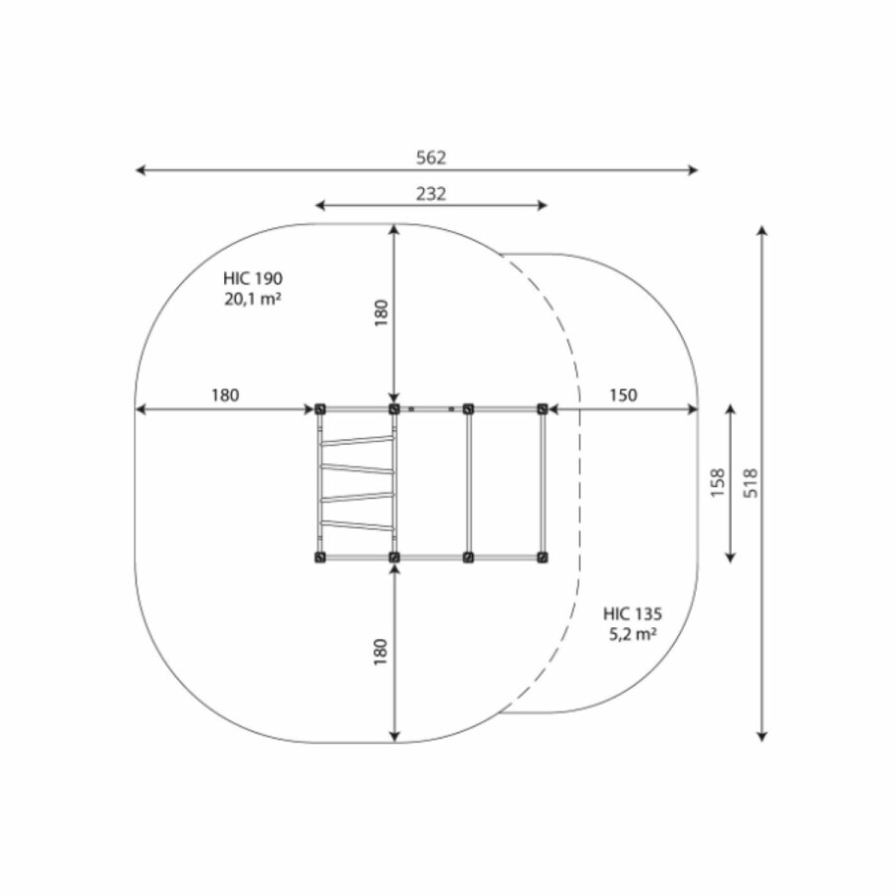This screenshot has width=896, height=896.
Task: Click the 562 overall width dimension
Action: [431, 157]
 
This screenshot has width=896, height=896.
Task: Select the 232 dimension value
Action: [431, 194]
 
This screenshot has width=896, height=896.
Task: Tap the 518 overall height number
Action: [751, 483]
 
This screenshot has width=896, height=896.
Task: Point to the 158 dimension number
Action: [718, 483]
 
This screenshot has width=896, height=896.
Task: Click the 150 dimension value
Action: [623, 395]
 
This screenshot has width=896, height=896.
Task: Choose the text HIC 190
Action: [253, 279]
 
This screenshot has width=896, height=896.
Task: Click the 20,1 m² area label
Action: [253, 299]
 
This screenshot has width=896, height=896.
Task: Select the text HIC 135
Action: [632, 614]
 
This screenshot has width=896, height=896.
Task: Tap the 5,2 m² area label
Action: [632, 634]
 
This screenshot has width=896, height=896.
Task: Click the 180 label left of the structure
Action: [225, 395]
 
